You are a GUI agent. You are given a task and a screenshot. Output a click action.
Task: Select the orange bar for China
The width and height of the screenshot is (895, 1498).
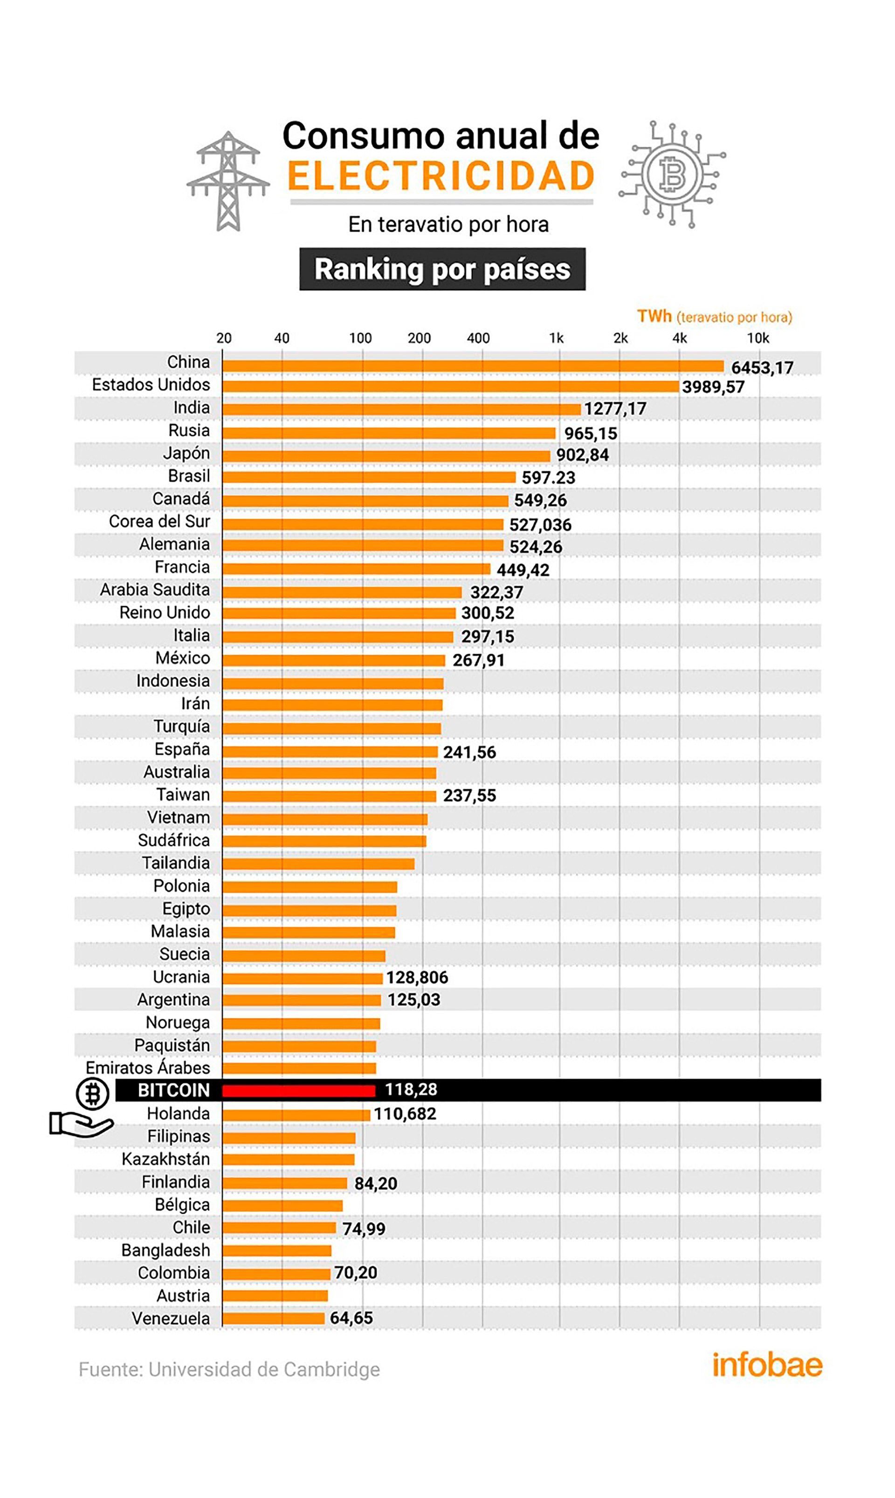472,366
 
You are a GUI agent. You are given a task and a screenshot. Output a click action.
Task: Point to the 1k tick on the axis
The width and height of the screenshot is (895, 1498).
556,338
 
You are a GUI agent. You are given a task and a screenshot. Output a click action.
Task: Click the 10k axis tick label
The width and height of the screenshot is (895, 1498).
758,338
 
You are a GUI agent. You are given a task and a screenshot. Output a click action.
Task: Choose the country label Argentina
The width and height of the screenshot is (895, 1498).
174,1000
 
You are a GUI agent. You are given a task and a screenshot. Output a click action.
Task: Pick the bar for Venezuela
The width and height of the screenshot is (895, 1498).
273,1319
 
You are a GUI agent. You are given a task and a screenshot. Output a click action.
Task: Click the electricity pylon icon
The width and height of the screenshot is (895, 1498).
228,181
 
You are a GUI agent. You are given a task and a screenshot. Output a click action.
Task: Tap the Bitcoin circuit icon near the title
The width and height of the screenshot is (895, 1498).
673,174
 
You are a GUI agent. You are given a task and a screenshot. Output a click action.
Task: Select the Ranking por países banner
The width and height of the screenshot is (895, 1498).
442,269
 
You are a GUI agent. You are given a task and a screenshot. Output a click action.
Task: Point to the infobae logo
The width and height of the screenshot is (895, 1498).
767,1365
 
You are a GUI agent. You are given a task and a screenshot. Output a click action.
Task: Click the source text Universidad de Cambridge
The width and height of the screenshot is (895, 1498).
264,1369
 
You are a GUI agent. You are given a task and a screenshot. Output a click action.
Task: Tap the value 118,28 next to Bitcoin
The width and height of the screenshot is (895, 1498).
411,1089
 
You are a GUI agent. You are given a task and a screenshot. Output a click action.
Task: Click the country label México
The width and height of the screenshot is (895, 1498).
183,658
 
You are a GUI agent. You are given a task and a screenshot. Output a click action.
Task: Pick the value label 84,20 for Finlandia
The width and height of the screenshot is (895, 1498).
376,1183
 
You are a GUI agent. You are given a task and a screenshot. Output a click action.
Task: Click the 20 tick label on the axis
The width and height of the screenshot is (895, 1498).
224,338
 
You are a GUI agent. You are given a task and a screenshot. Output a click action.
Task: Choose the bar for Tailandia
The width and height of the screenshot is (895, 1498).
318,863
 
